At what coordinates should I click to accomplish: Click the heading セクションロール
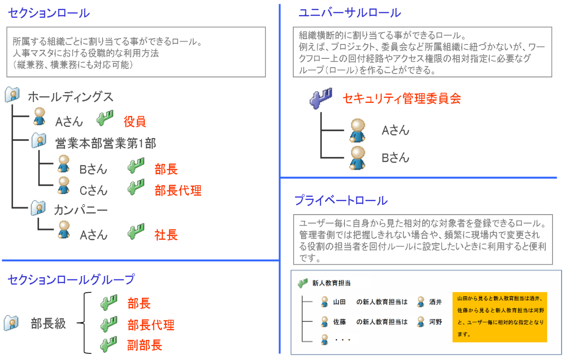[49, 13]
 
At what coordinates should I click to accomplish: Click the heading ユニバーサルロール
[350, 13]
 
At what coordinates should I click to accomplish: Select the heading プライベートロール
[341, 200]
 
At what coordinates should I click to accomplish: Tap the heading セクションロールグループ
[71, 279]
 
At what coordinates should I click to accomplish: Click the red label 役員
[135, 122]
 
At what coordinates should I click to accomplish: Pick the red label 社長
[166, 235]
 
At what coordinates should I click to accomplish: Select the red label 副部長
[145, 345]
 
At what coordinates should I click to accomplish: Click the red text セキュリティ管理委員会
[402, 98]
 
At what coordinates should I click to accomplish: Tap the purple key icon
[321, 98]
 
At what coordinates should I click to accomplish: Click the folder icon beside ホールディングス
[12, 95]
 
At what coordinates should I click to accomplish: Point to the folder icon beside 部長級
[11, 323]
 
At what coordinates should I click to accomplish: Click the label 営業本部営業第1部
[105, 143]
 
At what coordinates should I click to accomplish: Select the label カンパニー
[81, 210]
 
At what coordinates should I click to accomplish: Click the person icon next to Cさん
[63, 185]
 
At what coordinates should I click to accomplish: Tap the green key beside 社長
[136, 231]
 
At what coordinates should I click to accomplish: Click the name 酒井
[436, 302]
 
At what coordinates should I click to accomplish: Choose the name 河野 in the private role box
[436, 322]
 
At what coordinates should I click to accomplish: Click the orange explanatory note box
[500, 317]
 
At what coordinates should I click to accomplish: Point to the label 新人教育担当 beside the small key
[331, 284]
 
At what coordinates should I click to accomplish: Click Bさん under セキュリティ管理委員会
[395, 158]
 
